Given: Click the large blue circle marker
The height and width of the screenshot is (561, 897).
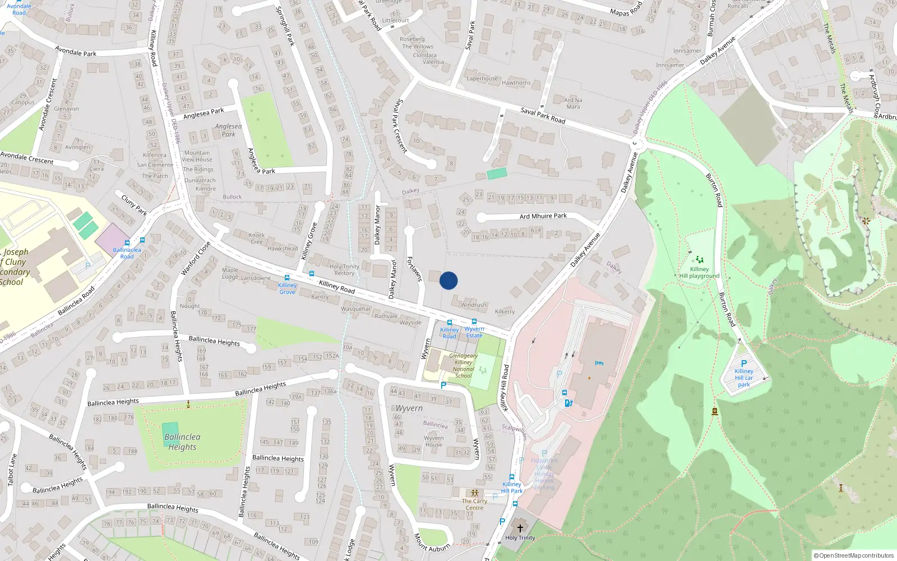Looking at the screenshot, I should click(449, 280).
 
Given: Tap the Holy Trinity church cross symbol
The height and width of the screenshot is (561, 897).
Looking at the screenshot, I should click(520, 528).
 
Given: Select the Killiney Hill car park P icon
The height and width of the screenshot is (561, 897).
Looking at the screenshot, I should click(744, 364).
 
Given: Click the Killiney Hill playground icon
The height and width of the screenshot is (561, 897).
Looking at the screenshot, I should click(699, 260).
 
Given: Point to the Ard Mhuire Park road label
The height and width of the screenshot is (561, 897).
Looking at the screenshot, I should click(543, 216).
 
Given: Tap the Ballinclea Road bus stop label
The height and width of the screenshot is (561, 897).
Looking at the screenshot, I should click(127, 253).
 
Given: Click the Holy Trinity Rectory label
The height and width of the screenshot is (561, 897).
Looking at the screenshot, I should click(344, 270).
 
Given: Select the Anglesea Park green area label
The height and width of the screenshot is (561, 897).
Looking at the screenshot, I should click(228, 130).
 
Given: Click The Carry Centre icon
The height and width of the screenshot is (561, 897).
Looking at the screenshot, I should click(474, 493).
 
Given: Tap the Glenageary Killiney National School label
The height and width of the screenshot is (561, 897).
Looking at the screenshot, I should click(464, 366).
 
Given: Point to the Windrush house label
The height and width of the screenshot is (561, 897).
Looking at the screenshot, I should click(473, 305).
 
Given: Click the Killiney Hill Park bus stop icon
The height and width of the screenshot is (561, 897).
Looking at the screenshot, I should click(511, 477).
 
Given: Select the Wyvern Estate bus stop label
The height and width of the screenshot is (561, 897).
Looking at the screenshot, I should click(474, 332).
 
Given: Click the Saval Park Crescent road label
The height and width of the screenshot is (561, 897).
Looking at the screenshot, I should click(400, 126).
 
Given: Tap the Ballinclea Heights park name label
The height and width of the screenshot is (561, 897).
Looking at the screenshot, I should click(182, 442).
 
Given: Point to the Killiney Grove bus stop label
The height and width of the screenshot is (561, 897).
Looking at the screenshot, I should click(287, 288).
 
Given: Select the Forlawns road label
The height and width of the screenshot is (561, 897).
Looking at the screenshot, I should click(414, 269).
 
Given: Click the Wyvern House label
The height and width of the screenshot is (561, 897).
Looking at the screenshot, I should click(433, 441).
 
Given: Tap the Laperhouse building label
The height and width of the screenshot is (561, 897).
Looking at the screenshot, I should click(482, 79).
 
